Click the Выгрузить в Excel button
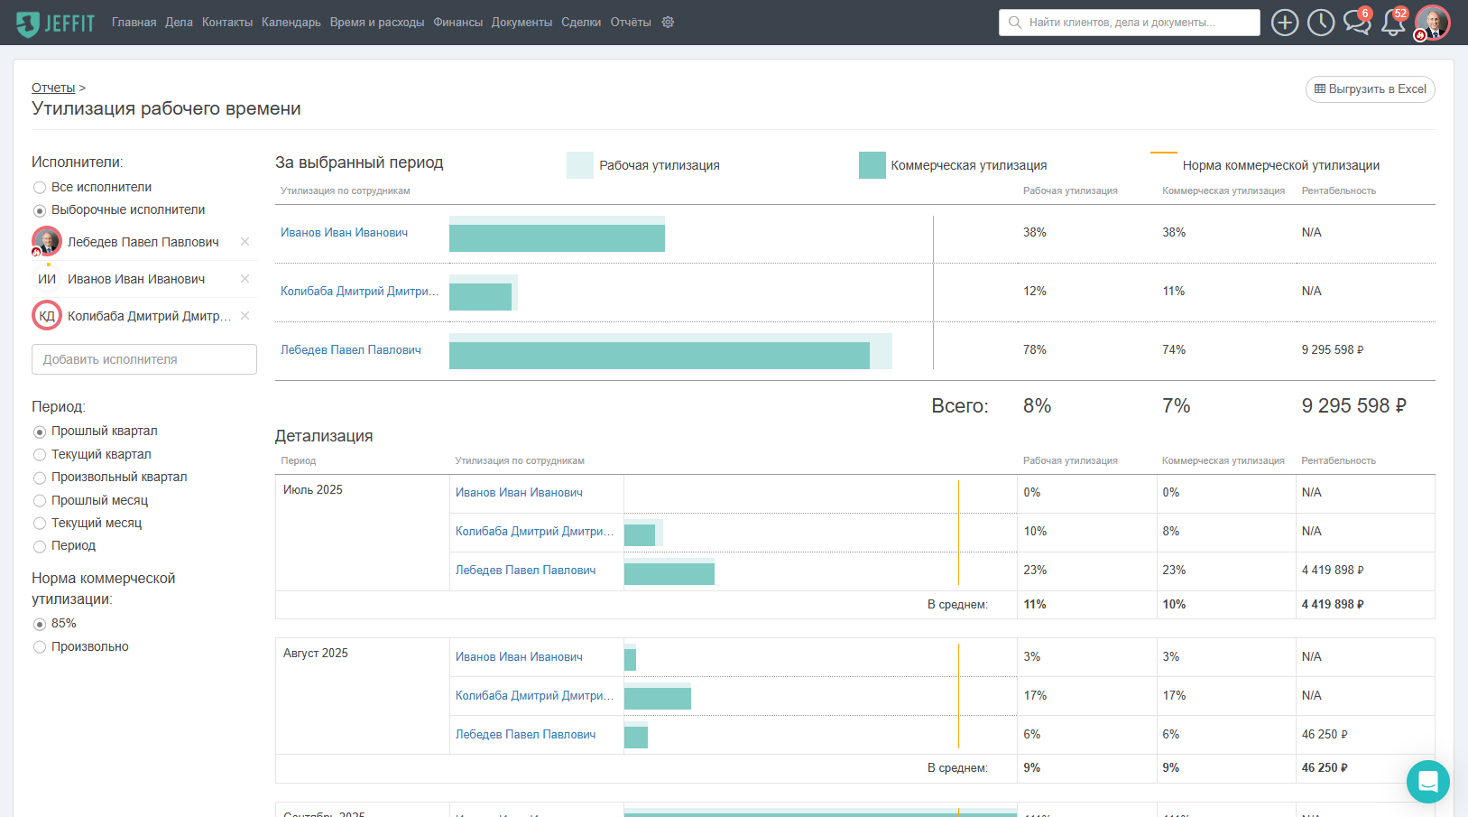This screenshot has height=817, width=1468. click(x=1370, y=89)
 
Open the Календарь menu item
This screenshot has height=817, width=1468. click(x=291, y=23)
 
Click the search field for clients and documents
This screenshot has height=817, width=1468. click(x=1129, y=23)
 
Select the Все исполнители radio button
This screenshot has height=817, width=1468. click(x=40, y=188)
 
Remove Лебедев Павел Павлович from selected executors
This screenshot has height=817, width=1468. click(x=245, y=242)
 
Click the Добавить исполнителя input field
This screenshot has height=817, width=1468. click(x=144, y=359)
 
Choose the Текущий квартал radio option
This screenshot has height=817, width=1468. click(x=40, y=455)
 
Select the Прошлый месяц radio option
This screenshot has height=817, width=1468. click(x=40, y=501)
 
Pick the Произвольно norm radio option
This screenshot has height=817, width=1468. click(x=40, y=647)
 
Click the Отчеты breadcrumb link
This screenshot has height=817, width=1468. click(x=53, y=88)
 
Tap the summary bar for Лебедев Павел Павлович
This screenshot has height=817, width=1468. click(x=659, y=354)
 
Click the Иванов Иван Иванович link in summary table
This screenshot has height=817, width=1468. click(x=344, y=233)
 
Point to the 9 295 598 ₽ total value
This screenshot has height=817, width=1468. click(x=1353, y=406)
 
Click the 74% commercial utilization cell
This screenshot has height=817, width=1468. click(x=1174, y=350)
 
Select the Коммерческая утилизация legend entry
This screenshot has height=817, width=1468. click(x=968, y=165)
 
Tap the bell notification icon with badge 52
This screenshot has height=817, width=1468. click(x=1392, y=23)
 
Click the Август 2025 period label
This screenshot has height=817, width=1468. click(x=316, y=654)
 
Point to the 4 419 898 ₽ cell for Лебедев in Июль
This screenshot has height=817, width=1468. click(x=1333, y=571)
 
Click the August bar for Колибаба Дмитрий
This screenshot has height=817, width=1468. click(x=658, y=698)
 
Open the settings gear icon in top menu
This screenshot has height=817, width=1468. click(x=668, y=23)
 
